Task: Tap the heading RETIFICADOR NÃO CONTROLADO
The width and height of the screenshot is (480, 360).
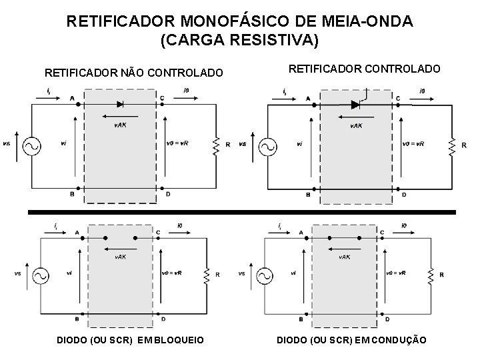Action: [133, 72]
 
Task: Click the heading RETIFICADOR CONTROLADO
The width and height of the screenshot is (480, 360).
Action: [364, 69]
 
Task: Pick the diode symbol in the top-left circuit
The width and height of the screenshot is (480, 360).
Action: [120, 104]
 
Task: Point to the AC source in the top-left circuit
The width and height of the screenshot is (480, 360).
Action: [31, 145]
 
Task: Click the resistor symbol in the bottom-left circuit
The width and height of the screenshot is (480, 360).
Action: [215, 274]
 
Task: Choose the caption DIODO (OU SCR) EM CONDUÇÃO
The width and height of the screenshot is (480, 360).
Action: [351, 341]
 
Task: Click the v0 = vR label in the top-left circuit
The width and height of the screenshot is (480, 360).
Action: [177, 143]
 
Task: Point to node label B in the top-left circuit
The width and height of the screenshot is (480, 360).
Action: [72, 194]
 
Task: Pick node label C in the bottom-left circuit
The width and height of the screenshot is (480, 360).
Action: [158, 232]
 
